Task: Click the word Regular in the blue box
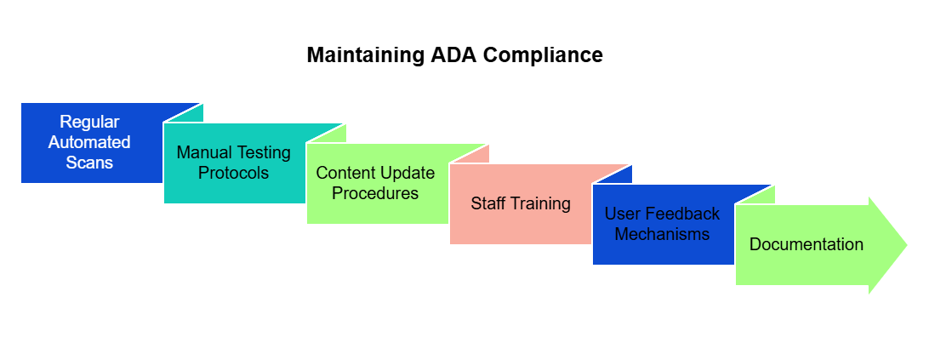click(89, 123)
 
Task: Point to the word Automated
click(89, 142)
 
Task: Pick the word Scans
click(89, 163)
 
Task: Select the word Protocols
click(233, 173)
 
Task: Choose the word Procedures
click(375, 192)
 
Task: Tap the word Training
click(539, 204)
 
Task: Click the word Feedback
click(682, 214)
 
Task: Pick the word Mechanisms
click(663, 234)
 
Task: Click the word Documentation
click(806, 244)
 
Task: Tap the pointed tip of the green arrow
click(907, 245)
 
